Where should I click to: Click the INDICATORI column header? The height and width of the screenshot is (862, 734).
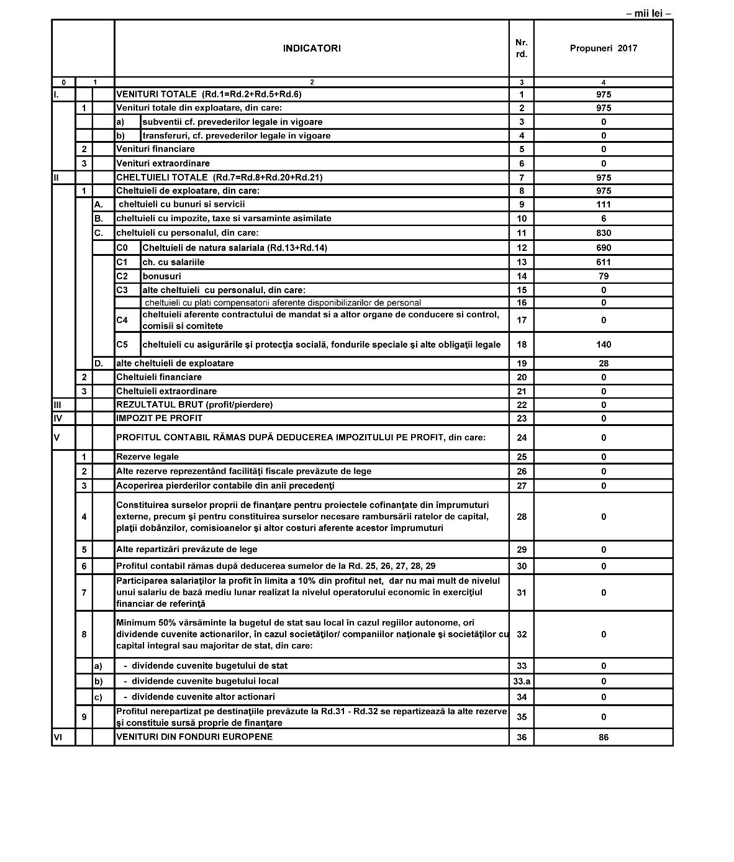pyautogui.click(x=312, y=48)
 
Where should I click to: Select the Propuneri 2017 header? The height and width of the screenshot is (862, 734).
pyautogui.click(x=603, y=48)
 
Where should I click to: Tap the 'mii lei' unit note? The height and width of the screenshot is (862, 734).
pyautogui.click(x=648, y=13)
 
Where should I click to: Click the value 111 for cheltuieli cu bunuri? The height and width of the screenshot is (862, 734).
pyautogui.click(x=603, y=204)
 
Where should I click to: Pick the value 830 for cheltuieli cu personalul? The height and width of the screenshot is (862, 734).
pyautogui.click(x=603, y=233)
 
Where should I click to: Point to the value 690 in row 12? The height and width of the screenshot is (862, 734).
pyautogui.click(x=603, y=248)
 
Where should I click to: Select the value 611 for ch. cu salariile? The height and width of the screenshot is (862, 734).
pyautogui.click(x=603, y=262)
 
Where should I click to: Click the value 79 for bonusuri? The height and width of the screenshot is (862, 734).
pyautogui.click(x=603, y=276)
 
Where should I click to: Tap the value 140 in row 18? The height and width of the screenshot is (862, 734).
pyautogui.click(x=603, y=345)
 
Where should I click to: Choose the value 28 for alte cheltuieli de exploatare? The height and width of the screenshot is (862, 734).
pyautogui.click(x=603, y=363)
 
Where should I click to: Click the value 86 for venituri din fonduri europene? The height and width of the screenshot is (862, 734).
pyautogui.click(x=603, y=737)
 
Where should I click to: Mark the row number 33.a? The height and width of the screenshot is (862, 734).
pyautogui.click(x=522, y=681)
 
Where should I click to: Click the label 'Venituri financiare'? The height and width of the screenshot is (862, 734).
pyautogui.click(x=155, y=149)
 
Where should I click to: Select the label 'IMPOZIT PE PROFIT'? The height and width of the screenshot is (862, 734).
pyautogui.click(x=159, y=418)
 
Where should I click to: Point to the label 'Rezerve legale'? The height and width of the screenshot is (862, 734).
pyautogui.click(x=147, y=456)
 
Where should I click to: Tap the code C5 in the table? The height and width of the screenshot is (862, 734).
pyautogui.click(x=122, y=345)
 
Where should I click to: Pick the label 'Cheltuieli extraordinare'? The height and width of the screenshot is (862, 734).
pyautogui.click(x=166, y=391)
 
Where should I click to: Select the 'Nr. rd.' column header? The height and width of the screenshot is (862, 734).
pyautogui.click(x=522, y=48)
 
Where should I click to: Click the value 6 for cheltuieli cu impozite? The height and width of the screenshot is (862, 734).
pyautogui.click(x=603, y=219)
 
